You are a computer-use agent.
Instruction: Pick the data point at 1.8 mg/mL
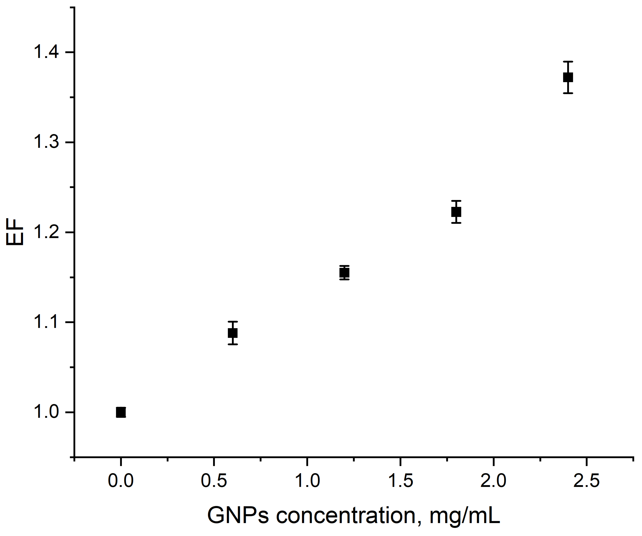[456, 212]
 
